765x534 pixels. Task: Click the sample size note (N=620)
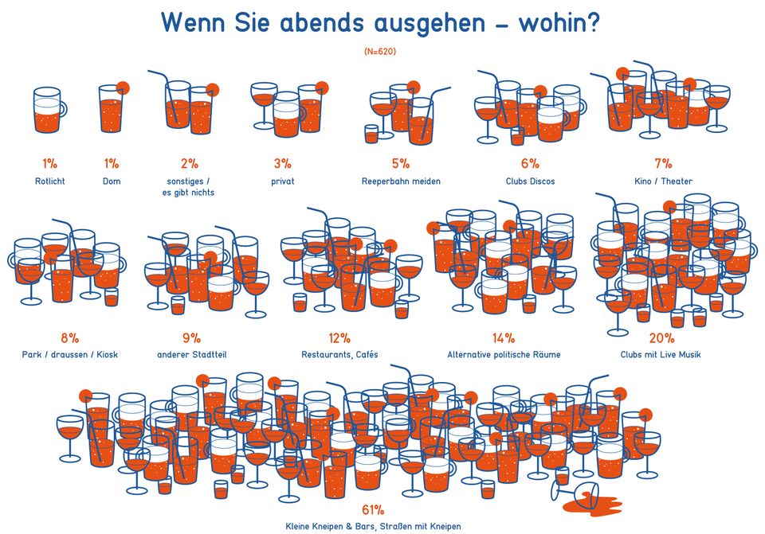point(380,51)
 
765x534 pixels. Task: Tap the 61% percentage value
point(373,510)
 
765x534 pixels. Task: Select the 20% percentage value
point(661,338)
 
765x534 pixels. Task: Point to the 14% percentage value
point(503,338)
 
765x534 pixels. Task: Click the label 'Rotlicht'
point(49,181)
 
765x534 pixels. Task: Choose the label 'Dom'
point(111,181)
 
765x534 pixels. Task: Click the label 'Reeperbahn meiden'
point(401,181)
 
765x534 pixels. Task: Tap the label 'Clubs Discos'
point(530,181)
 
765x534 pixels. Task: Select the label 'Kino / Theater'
point(663,181)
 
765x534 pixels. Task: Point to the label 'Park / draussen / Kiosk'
point(69,354)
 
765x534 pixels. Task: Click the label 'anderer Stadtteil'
point(191,354)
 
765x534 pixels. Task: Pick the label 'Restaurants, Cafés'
point(339,354)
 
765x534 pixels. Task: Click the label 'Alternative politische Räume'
point(504,354)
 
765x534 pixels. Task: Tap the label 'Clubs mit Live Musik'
point(661,354)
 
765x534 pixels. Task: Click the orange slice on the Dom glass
point(123,88)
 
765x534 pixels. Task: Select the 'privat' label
point(283,181)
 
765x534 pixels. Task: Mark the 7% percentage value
point(663,164)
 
